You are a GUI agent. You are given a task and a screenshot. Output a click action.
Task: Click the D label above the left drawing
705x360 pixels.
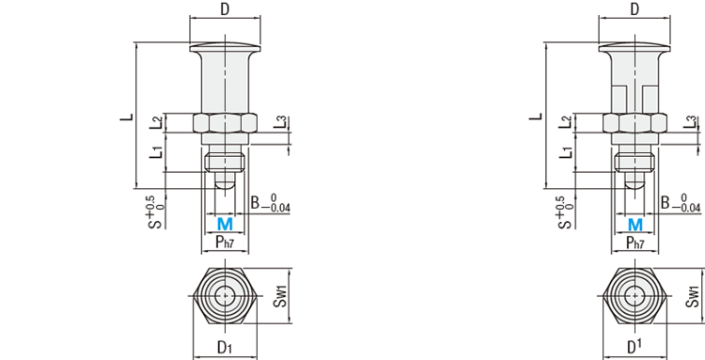click(x=225, y=9)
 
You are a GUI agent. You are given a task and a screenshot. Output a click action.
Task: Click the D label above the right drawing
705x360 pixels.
click(x=634, y=9)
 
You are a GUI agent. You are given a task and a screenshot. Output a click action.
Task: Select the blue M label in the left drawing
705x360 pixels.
click(x=225, y=224)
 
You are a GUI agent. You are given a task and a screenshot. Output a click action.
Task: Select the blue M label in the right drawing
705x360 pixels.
click(x=634, y=224)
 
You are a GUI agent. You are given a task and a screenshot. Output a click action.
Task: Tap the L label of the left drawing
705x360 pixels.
click(x=127, y=117)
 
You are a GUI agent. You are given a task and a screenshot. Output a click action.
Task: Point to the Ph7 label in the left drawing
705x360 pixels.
click(x=226, y=243)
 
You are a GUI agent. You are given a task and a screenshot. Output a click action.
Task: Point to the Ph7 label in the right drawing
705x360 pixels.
click(x=634, y=243)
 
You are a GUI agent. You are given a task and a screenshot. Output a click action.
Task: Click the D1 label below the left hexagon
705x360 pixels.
click(x=225, y=347)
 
